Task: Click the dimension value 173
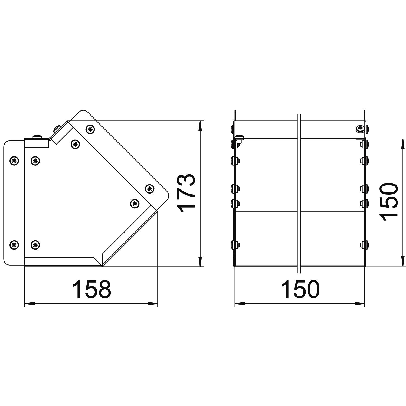click(x=186, y=193)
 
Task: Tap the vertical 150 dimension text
click(x=388, y=202)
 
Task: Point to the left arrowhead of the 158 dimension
click(x=30, y=304)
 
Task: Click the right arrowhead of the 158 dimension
click(x=153, y=304)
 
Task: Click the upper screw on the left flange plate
click(x=14, y=161)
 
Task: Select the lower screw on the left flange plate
click(x=14, y=245)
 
